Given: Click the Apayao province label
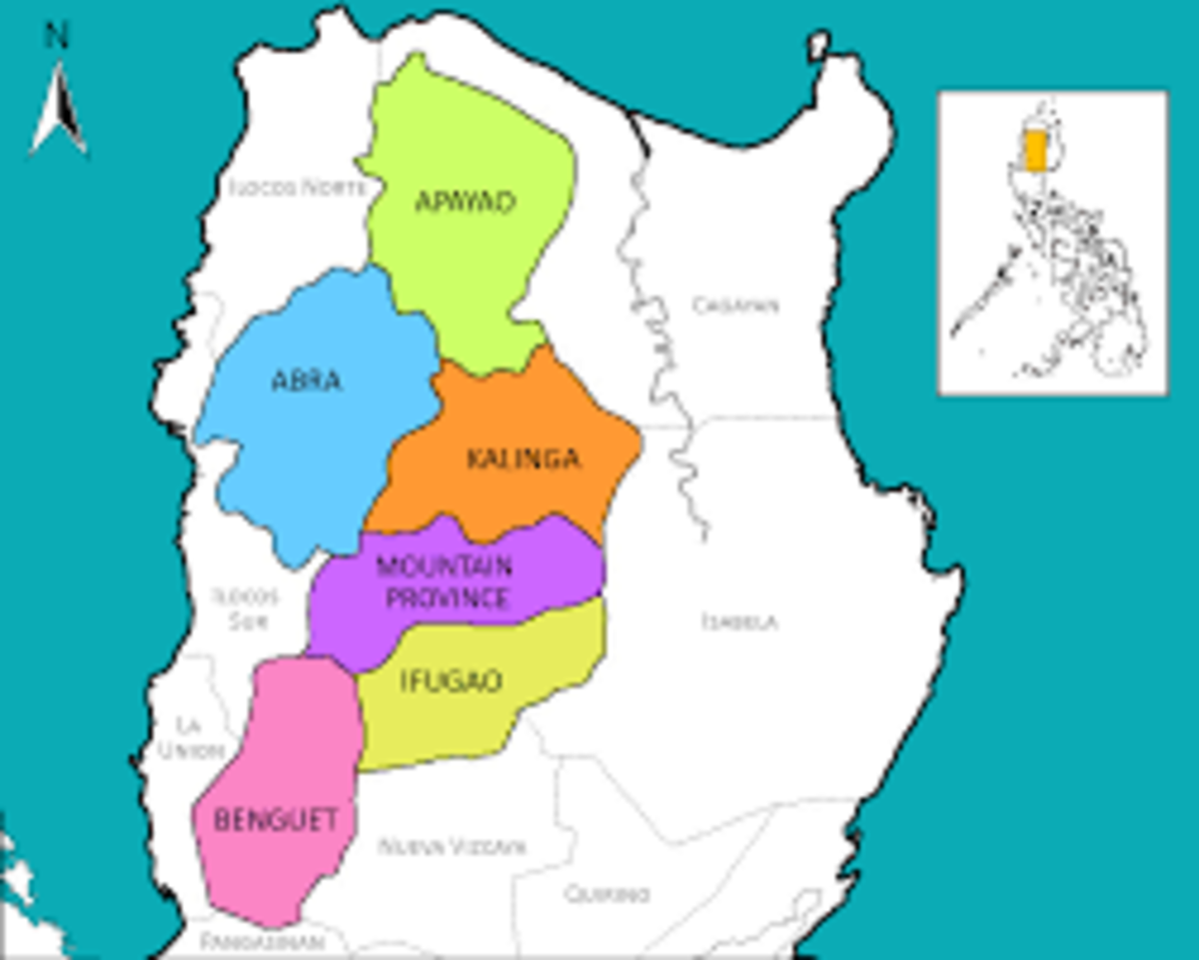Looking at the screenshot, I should (465, 203).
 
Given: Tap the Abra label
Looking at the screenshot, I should (307, 381).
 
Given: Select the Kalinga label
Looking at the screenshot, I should (523, 460).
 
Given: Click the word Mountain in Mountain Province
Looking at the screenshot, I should (444, 566).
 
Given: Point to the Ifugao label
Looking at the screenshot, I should (451, 682).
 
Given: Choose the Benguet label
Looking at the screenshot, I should (276, 820).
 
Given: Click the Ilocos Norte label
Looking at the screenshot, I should (296, 187).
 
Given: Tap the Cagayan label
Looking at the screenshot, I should (736, 306).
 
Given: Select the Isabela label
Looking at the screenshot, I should (739, 621).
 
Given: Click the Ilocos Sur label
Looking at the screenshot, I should (245, 608).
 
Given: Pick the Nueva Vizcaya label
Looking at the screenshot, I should (451, 847).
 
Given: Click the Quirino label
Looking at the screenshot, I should (607, 893).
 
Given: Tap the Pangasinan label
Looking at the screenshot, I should (262, 942).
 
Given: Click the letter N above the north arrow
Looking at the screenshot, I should (57, 37).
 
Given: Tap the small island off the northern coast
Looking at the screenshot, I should (818, 46).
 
